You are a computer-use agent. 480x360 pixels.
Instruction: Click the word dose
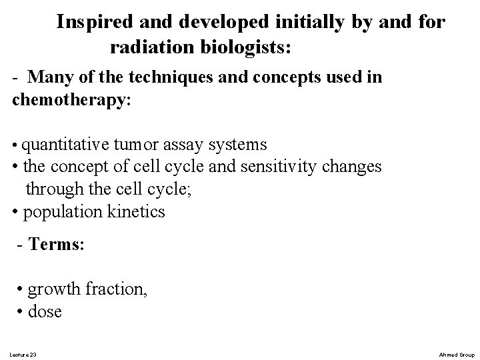tap(45, 311)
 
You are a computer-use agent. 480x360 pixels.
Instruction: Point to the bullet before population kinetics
tap(15, 212)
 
